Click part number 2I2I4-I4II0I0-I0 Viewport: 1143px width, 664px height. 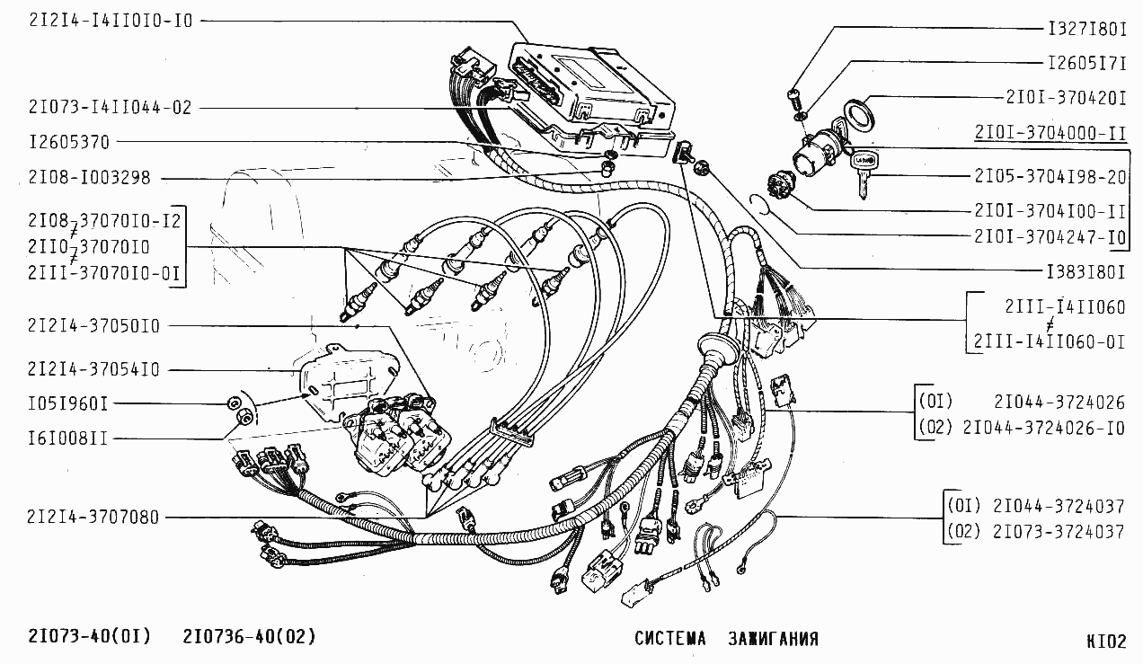[x=111, y=21]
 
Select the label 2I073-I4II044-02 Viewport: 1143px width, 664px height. [x=111, y=108]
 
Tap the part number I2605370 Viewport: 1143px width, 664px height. [x=69, y=142]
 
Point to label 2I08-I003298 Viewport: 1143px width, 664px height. [x=90, y=178]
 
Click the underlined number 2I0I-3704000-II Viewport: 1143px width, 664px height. [x=1050, y=133]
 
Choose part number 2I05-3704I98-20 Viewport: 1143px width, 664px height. [x=1050, y=177]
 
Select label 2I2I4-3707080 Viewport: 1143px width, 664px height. [x=93, y=518]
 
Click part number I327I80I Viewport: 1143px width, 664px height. [x=1087, y=29]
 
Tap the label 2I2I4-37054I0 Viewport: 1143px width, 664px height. [x=93, y=369]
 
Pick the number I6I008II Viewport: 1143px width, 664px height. [x=68, y=438]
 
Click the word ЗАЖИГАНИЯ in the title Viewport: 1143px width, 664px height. [x=773, y=639]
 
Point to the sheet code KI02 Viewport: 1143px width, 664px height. [x=1106, y=642]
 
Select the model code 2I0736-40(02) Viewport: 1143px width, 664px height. [x=250, y=636]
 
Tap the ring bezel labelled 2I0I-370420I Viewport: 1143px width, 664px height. [x=858, y=114]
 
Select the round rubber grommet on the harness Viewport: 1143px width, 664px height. [x=717, y=348]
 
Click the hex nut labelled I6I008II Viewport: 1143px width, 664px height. [x=245, y=419]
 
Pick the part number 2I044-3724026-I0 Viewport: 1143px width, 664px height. [x=1043, y=428]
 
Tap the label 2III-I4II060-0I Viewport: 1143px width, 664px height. [x=1050, y=341]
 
